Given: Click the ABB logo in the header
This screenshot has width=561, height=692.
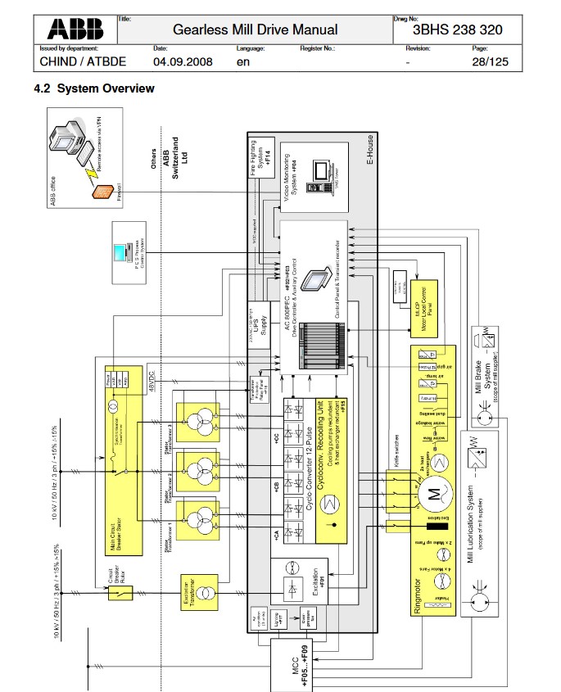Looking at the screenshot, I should (76, 29).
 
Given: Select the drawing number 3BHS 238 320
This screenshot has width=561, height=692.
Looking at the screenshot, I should (458, 30).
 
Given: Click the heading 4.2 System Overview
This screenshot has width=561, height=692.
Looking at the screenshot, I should (93, 88).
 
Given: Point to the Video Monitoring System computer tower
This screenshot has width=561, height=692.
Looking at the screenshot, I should (316, 176).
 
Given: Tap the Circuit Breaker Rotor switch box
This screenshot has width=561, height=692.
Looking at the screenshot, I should (120, 588).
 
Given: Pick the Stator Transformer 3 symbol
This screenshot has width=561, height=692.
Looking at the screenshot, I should (201, 424).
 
